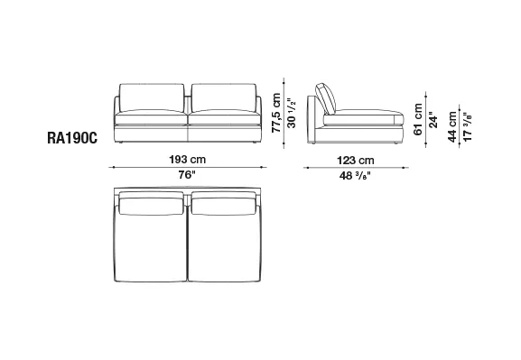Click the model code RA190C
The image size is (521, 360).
point(72,138)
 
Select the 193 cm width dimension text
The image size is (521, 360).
point(188,160)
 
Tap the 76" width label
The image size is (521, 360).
point(187,175)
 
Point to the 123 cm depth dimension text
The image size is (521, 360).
point(356,161)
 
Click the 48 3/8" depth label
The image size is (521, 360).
point(355,175)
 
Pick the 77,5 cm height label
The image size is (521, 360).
point(276,113)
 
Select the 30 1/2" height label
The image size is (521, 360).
point(291,113)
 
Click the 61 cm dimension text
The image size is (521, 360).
point(418,119)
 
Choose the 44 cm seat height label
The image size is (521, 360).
point(452,126)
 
